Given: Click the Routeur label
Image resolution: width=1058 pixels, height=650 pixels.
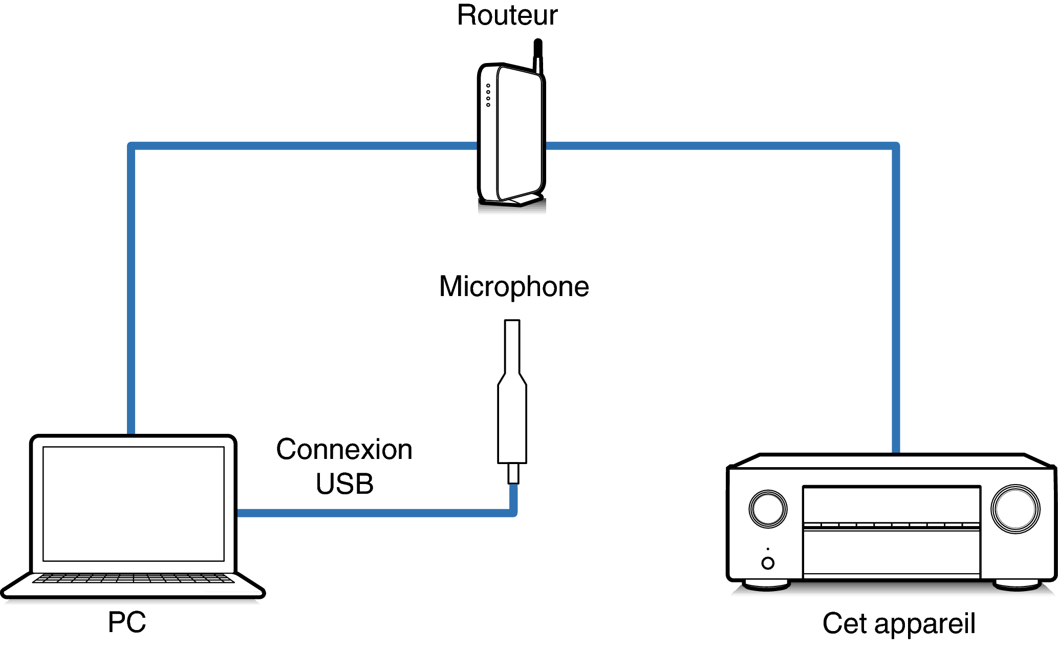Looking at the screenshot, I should [x=507, y=15].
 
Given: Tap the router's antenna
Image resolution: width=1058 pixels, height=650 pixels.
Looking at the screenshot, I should [x=538, y=54].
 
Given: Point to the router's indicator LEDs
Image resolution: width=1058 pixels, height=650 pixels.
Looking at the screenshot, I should [x=488, y=95].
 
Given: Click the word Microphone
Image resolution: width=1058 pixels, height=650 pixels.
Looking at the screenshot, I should [x=514, y=287].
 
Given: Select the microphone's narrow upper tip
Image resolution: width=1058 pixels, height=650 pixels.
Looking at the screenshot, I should [x=512, y=346].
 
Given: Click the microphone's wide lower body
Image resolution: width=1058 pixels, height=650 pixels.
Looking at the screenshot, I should [x=512, y=425].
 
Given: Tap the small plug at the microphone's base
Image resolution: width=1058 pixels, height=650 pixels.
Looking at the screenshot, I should [x=513, y=473].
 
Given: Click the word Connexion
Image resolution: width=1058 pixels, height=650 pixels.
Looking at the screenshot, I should [x=344, y=450].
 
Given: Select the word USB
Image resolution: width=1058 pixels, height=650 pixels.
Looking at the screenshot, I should [x=344, y=484].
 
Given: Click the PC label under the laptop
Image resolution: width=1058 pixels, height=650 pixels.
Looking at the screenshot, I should [x=127, y=622].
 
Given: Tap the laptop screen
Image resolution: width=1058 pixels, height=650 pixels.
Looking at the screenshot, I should [x=134, y=504].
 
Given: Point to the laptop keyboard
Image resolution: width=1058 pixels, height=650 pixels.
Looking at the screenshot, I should [x=134, y=578].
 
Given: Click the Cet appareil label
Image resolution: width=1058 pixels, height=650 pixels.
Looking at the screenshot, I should [x=899, y=623].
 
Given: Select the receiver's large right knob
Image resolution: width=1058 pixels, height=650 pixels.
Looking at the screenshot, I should [x=1016, y=509].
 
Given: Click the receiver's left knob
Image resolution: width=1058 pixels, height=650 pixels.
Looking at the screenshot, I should [x=768, y=509].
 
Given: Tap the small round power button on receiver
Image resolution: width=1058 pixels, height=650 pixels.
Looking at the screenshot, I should [x=768, y=563].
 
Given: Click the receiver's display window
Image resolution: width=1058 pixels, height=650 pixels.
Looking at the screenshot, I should [x=891, y=505].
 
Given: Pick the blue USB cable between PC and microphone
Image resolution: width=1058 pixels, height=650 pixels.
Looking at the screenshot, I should [x=374, y=513].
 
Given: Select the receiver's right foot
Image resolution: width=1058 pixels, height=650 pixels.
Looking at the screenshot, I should [x=1017, y=585].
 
